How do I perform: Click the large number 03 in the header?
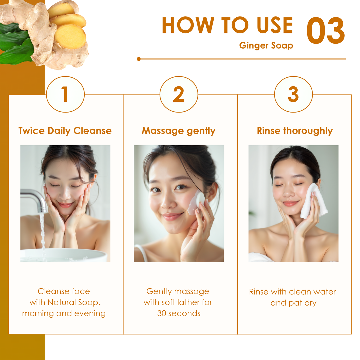(326, 30)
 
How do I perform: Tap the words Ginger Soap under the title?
(266, 45)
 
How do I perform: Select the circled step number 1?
(65, 94)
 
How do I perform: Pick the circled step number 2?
(179, 94)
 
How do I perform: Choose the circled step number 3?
(293, 94)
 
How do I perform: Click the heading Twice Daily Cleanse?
(65, 131)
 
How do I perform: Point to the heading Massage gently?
(179, 131)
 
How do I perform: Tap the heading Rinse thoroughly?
(295, 131)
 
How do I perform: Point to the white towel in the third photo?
(314, 202)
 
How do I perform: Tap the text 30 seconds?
(179, 313)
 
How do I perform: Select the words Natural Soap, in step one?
(74, 302)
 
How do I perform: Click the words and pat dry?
(293, 303)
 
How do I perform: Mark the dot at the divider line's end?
(138, 59)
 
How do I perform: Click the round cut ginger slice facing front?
(70, 37)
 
